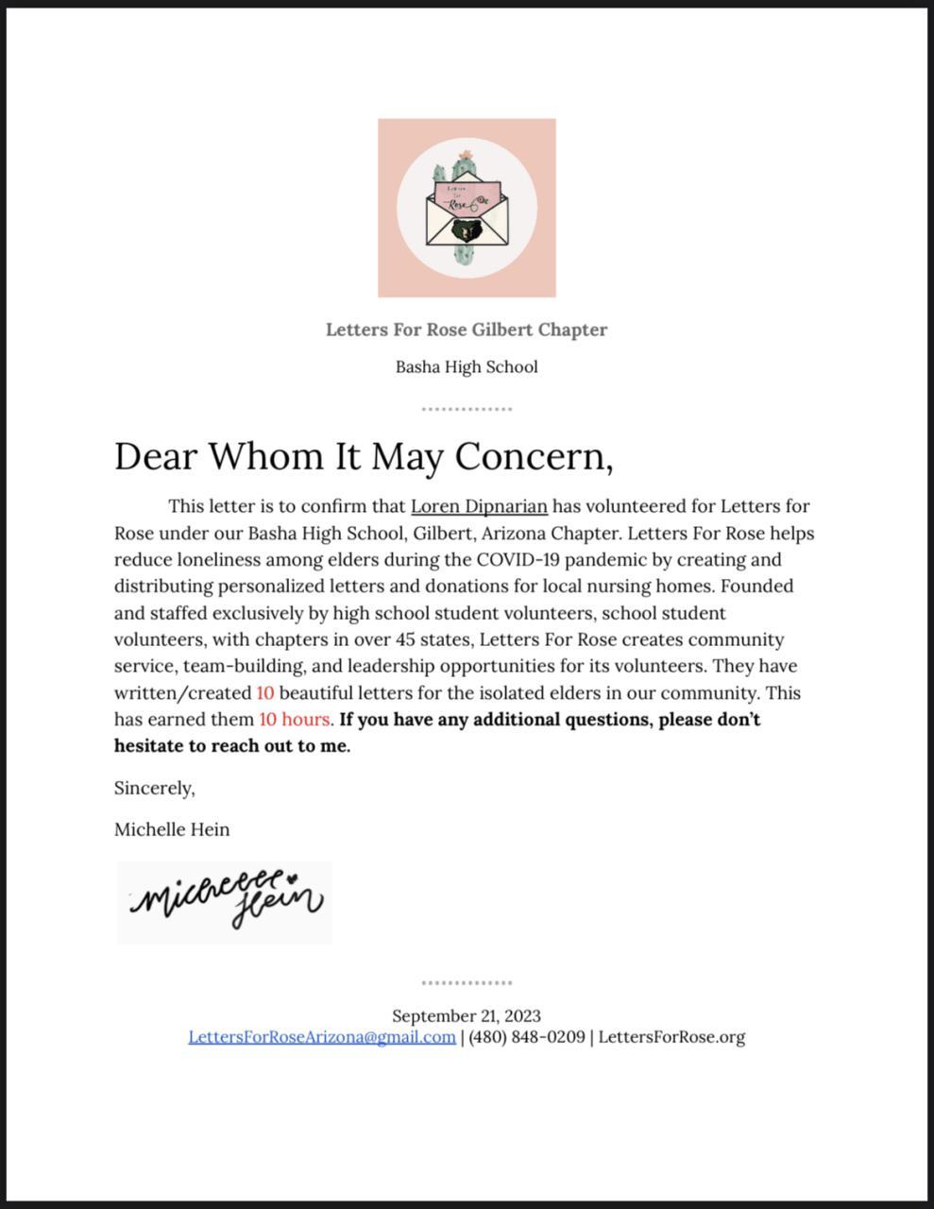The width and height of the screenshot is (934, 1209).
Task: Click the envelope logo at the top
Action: [467, 208]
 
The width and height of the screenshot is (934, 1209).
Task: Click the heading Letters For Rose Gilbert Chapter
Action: [467, 330]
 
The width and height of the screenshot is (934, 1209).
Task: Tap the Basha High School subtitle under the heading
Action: [467, 366]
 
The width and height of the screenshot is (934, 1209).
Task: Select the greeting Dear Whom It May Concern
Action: [364, 456]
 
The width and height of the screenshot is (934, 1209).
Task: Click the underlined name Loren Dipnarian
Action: [479, 506]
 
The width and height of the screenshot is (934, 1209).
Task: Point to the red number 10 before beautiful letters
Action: [265, 693]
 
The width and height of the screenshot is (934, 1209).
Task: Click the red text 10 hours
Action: [295, 720]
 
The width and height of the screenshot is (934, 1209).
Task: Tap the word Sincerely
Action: [154, 788]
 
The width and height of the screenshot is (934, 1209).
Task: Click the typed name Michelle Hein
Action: [172, 829]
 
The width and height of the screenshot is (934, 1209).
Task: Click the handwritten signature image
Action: [225, 902]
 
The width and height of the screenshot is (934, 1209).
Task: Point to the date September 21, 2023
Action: [467, 1016]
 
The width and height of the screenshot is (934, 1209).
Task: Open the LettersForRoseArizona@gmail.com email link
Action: [322, 1037]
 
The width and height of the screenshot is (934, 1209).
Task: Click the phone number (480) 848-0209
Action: [527, 1037]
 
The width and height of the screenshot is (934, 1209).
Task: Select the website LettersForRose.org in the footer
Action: [671, 1037]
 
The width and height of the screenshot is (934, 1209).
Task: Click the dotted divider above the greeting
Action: [467, 409]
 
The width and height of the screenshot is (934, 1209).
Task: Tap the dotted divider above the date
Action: [467, 983]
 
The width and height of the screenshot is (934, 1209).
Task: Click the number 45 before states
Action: [394, 639]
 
